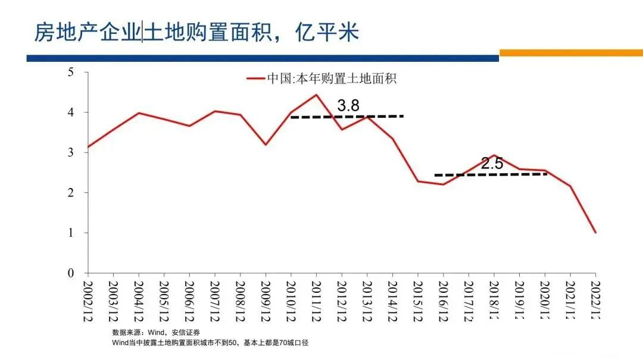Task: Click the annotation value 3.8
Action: coord(348,106)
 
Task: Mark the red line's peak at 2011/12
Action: coord(316,95)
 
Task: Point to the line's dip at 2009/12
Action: coord(266,145)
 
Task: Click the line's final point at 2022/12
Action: coord(595,233)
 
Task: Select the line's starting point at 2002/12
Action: coord(88,147)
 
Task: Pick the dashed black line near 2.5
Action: coord(491,174)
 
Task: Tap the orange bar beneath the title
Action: coord(570,53)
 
